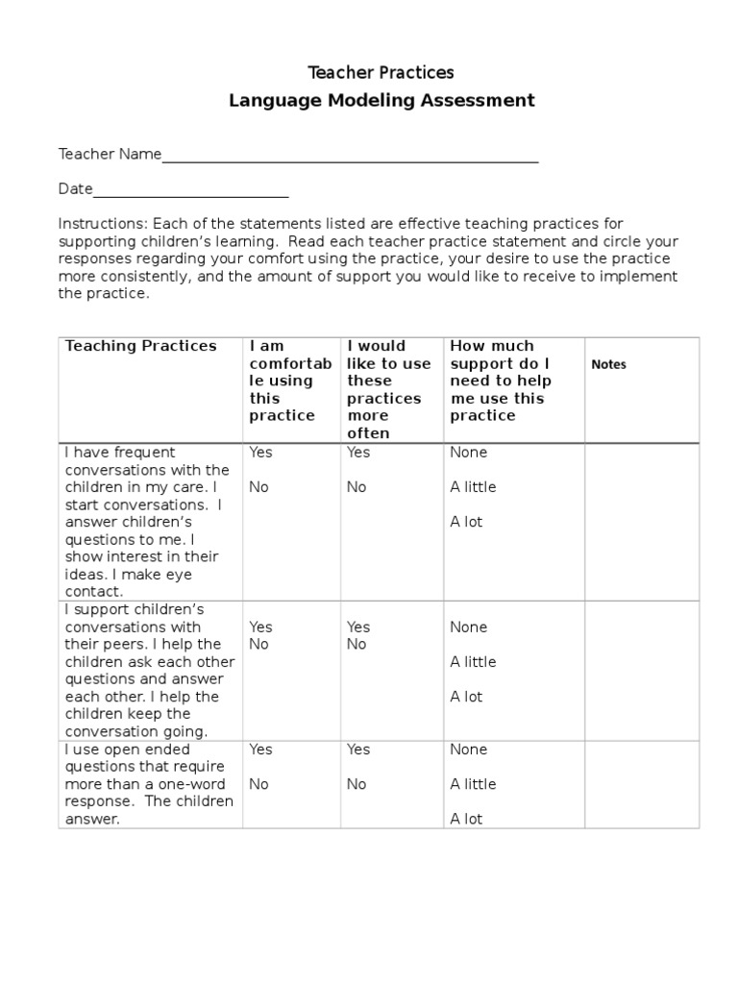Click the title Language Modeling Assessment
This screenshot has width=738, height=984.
tap(381, 101)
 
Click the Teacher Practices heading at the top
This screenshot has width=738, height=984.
tap(381, 73)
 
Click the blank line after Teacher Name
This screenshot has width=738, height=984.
tap(350, 156)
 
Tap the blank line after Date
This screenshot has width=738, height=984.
tap(191, 189)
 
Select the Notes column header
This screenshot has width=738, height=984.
tap(608, 365)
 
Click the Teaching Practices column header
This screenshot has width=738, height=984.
tap(140, 346)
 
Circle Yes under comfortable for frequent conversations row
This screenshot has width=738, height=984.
tap(260, 453)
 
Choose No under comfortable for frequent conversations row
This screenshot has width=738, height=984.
tap(258, 487)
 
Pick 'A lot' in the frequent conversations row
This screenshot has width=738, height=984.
tap(466, 523)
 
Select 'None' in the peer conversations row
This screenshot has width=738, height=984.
tap(468, 627)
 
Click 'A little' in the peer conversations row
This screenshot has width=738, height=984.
tap(473, 662)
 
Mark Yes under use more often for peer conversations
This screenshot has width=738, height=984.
tap(358, 627)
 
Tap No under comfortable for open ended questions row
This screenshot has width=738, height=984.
tap(258, 784)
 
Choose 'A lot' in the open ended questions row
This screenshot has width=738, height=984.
tap(466, 820)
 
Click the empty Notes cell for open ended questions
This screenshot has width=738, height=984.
tap(642, 784)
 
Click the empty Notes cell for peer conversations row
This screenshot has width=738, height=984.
tap(642, 671)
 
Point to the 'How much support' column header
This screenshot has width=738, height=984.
tap(500, 381)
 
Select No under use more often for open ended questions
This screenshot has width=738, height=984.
tap(357, 784)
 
